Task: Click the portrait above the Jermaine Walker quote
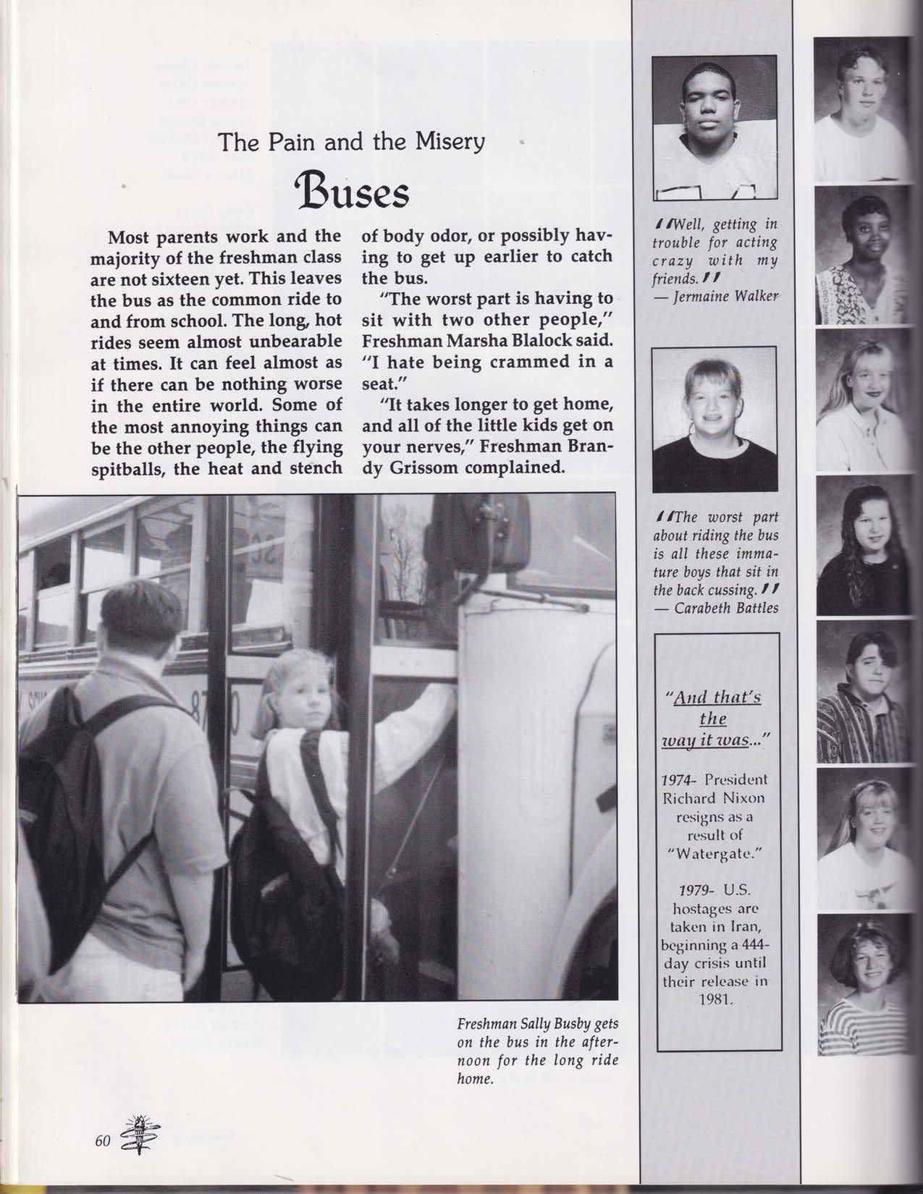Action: [714, 126]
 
